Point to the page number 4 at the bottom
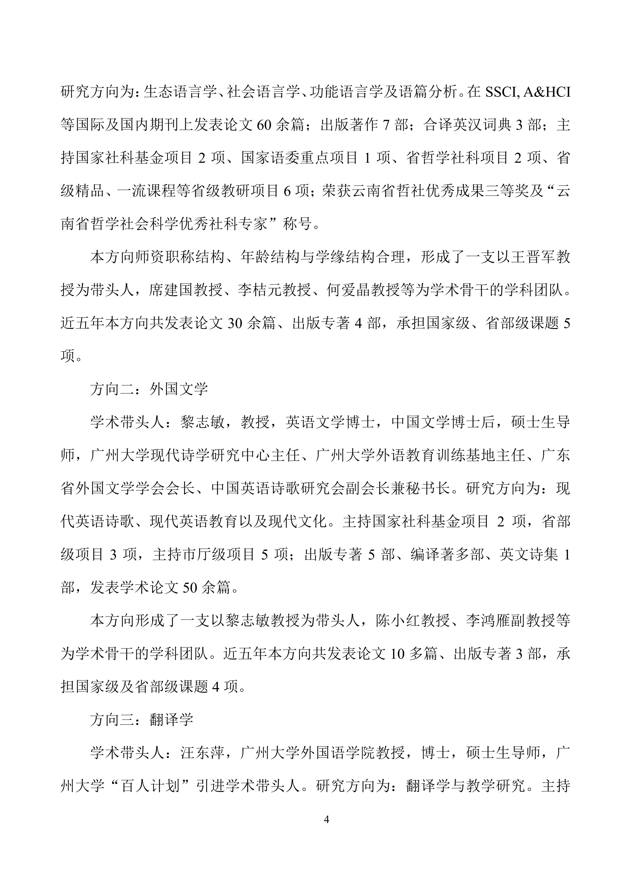pos(326,819)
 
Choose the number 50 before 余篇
pos(190,588)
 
